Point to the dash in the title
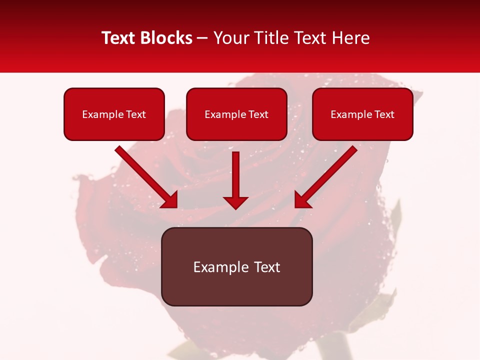pos(202,38)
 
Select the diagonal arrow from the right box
pos(328,175)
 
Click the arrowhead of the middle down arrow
pos(235,202)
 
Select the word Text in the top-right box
pos(384,114)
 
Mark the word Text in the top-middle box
pos(258,114)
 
